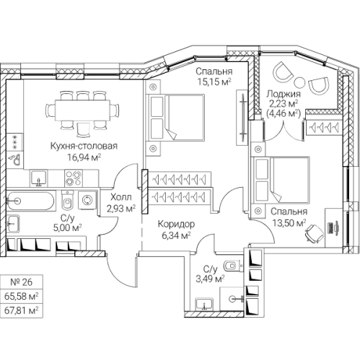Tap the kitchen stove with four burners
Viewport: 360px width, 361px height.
(74, 178)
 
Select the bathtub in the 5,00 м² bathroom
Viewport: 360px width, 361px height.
(30, 200)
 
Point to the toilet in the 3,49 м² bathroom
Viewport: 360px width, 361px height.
(233, 266)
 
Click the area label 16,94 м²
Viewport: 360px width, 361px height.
(84, 157)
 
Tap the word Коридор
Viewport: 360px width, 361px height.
(176, 224)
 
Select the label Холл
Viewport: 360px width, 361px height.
(121, 197)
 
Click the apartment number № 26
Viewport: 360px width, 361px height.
(22, 282)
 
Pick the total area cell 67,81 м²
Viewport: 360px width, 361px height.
(22, 310)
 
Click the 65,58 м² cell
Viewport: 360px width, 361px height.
(22, 296)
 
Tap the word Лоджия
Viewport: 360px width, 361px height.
(284, 94)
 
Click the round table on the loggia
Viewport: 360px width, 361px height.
(299, 82)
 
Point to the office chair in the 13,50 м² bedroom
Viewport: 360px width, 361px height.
(314, 233)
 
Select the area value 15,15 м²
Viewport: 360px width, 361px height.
(214, 82)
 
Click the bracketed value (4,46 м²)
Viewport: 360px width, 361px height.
(284, 113)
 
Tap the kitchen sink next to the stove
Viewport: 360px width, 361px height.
(39, 178)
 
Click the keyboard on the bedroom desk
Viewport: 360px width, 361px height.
(331, 227)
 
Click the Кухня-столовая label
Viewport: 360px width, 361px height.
(84, 146)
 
